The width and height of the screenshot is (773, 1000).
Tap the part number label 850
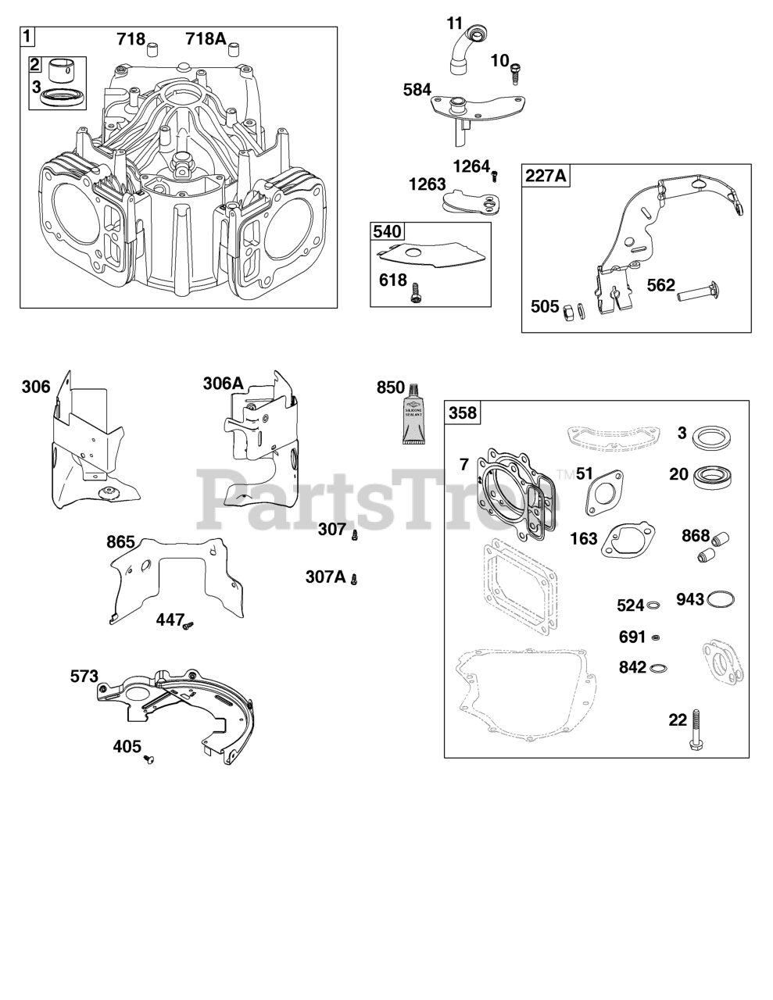391,387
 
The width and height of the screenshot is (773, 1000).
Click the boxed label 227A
546,176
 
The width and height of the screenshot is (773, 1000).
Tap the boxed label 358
462,412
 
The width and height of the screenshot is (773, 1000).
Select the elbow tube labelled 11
467,46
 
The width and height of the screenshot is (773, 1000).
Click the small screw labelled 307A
354,578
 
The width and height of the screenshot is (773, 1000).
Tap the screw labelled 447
188,623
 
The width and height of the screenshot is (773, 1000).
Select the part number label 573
84,676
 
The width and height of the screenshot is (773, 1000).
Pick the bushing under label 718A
231,52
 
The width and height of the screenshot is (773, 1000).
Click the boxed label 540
387,232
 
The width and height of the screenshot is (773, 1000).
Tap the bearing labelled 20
711,474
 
